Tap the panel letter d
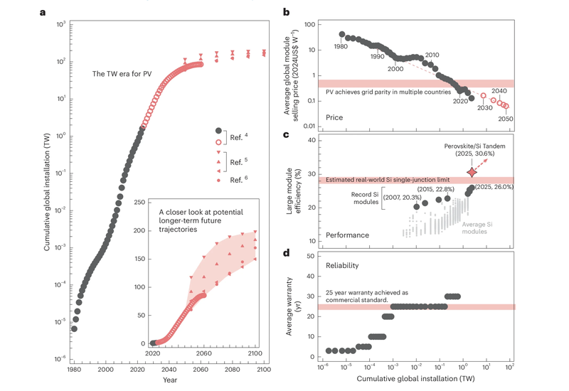[285, 252]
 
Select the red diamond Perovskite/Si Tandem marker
[472, 172]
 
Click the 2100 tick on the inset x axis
[254, 353]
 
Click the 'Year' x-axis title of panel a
[169, 380]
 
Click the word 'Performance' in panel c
[348, 233]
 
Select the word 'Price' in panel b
[334, 116]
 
